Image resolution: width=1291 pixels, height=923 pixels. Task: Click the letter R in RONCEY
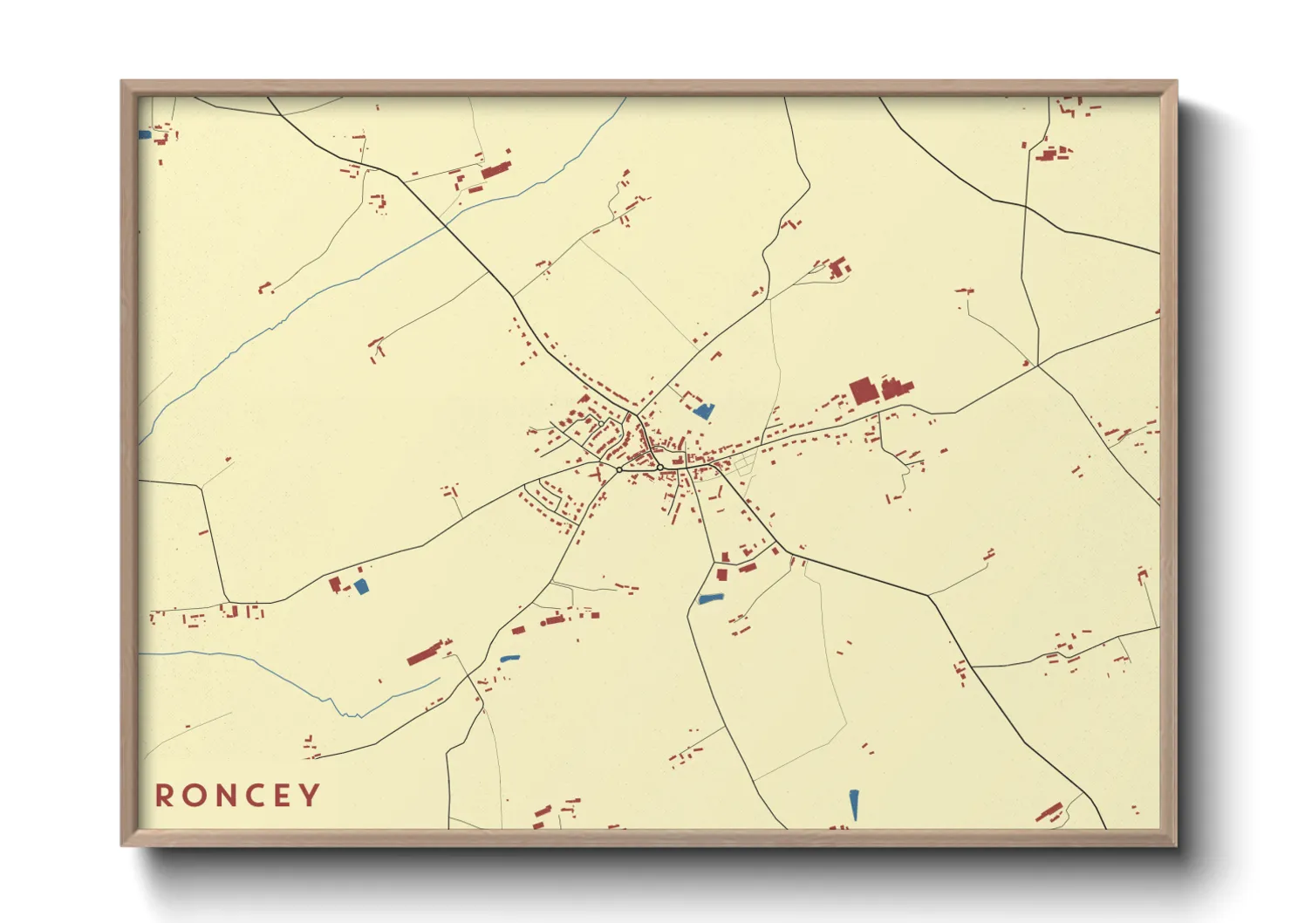[163, 796]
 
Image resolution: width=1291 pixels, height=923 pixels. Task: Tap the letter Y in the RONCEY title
[310, 796]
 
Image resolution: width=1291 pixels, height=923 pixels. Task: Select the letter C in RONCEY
[252, 796]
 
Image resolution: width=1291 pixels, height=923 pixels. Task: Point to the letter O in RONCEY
[193, 796]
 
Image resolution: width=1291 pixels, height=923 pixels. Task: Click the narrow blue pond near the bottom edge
[854, 804]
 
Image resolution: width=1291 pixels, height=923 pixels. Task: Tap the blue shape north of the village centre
[703, 411]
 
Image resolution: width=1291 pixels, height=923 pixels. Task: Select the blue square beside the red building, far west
[361, 586]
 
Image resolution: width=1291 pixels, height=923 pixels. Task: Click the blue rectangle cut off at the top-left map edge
[145, 135]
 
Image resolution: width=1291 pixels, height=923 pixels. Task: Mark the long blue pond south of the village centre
[711, 598]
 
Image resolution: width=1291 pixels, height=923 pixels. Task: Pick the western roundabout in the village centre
[619, 470]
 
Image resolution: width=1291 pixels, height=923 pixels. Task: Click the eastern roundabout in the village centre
[660, 468]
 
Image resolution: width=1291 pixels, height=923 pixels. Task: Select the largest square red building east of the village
[862, 390]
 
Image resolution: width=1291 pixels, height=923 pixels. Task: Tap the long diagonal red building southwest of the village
[426, 653]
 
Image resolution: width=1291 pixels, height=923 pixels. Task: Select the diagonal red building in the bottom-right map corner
[1049, 812]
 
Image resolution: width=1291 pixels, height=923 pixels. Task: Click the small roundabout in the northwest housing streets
[600, 422]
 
